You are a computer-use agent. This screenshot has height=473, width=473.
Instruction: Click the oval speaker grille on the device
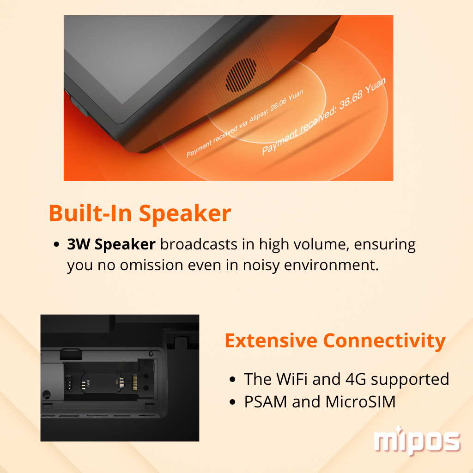click(x=241, y=75)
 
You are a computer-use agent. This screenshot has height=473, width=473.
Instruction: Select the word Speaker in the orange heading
click(x=185, y=214)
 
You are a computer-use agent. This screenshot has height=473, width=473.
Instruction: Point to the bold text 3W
click(x=78, y=244)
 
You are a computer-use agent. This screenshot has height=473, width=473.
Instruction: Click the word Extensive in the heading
click(x=271, y=340)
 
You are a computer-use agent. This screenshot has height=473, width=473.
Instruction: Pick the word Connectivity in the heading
click(x=384, y=341)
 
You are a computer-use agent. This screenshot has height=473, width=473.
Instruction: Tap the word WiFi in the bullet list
click(x=292, y=379)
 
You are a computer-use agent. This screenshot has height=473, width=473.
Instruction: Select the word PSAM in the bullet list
click(x=266, y=402)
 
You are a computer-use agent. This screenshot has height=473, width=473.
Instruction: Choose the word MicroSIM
click(x=360, y=402)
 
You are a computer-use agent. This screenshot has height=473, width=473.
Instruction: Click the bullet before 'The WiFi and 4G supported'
click(x=232, y=379)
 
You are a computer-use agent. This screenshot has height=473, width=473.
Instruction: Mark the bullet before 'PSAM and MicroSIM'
click(x=232, y=402)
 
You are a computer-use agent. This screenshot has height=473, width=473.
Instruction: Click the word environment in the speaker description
click(x=331, y=265)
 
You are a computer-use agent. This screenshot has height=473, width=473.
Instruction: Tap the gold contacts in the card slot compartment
click(x=135, y=383)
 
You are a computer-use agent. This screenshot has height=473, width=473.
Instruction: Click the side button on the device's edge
click(x=79, y=107)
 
